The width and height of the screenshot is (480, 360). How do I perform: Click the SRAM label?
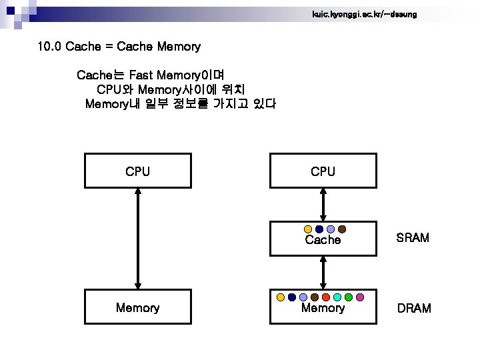coord(413,238)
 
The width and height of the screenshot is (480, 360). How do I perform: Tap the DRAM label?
coord(414,308)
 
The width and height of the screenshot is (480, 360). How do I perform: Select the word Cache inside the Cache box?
coord(323,240)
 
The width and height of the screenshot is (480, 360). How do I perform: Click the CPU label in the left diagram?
coord(137,171)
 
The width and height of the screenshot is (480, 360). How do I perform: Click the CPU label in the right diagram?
coord(323,171)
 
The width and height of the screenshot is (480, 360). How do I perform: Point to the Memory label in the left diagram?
coord(137,307)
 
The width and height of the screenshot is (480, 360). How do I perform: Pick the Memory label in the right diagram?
coord(323,307)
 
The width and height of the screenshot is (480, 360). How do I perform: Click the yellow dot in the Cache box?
coord(307,229)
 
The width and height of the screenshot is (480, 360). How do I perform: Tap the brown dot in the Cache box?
coord(341,229)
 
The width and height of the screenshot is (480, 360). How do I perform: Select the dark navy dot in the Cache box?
coord(319,229)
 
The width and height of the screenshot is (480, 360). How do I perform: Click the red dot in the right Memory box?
coord(326,297)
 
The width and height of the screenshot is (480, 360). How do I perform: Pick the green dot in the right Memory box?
coord(349,297)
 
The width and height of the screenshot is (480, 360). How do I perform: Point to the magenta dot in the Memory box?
coord(360,297)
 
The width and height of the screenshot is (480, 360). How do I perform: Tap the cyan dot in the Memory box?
coord(337,297)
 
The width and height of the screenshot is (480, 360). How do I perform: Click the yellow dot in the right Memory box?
coord(281,297)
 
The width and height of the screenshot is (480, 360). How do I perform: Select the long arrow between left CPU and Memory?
coord(137,239)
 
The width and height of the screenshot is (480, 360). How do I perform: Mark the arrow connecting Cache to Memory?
coord(323,273)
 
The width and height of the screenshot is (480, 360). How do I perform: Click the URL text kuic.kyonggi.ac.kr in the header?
coord(364,14)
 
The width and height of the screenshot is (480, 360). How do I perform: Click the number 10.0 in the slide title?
coord(49,47)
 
